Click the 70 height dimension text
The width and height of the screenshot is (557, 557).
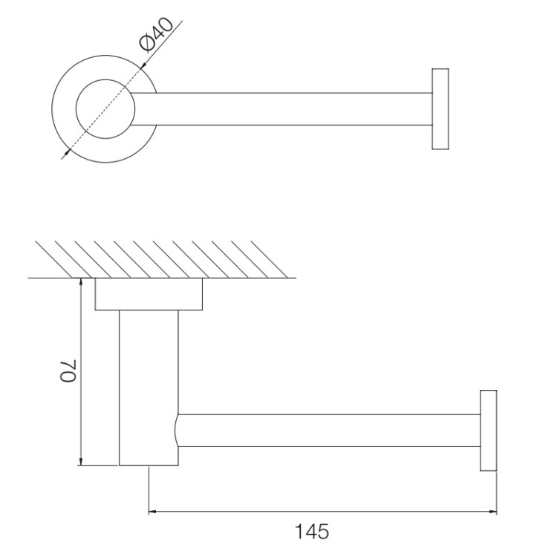[x=68, y=371]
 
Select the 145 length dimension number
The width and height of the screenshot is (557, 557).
[x=312, y=532]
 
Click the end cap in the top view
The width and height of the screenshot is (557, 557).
[x=440, y=109]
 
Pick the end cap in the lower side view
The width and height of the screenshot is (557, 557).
[x=489, y=431]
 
